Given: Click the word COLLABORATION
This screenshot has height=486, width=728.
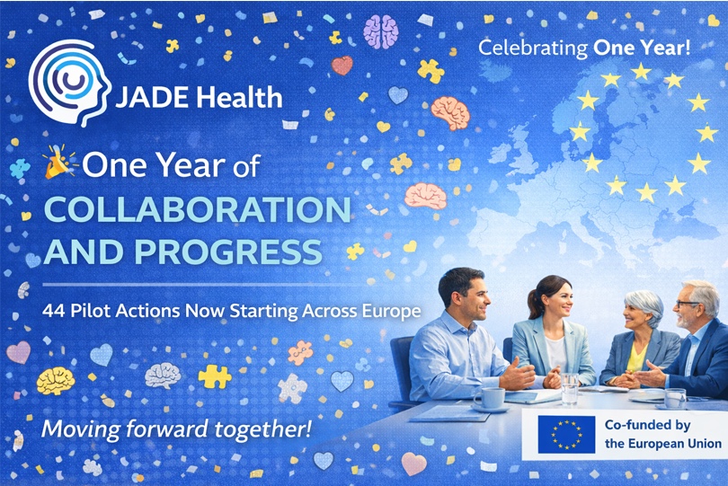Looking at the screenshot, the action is [198, 210].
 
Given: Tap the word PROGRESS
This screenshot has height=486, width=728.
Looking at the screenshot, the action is [228, 252].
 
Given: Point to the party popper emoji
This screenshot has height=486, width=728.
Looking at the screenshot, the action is [60, 161].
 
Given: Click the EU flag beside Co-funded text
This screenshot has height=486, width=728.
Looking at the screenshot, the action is [566, 435].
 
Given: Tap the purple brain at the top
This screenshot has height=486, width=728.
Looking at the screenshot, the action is [381, 31].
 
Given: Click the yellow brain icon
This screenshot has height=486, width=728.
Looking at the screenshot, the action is [55, 381].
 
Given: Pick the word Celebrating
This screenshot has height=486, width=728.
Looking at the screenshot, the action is [533, 49].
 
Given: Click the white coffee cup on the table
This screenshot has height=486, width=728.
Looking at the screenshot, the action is [491, 399].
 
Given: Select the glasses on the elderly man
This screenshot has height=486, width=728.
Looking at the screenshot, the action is [688, 304].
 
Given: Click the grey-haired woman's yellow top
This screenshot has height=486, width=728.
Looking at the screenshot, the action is [637, 358].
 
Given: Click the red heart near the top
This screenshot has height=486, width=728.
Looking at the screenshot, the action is [342, 66].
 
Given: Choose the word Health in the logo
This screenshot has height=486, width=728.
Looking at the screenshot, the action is [239, 98].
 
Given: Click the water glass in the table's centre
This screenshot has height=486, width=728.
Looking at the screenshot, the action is [570, 388].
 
